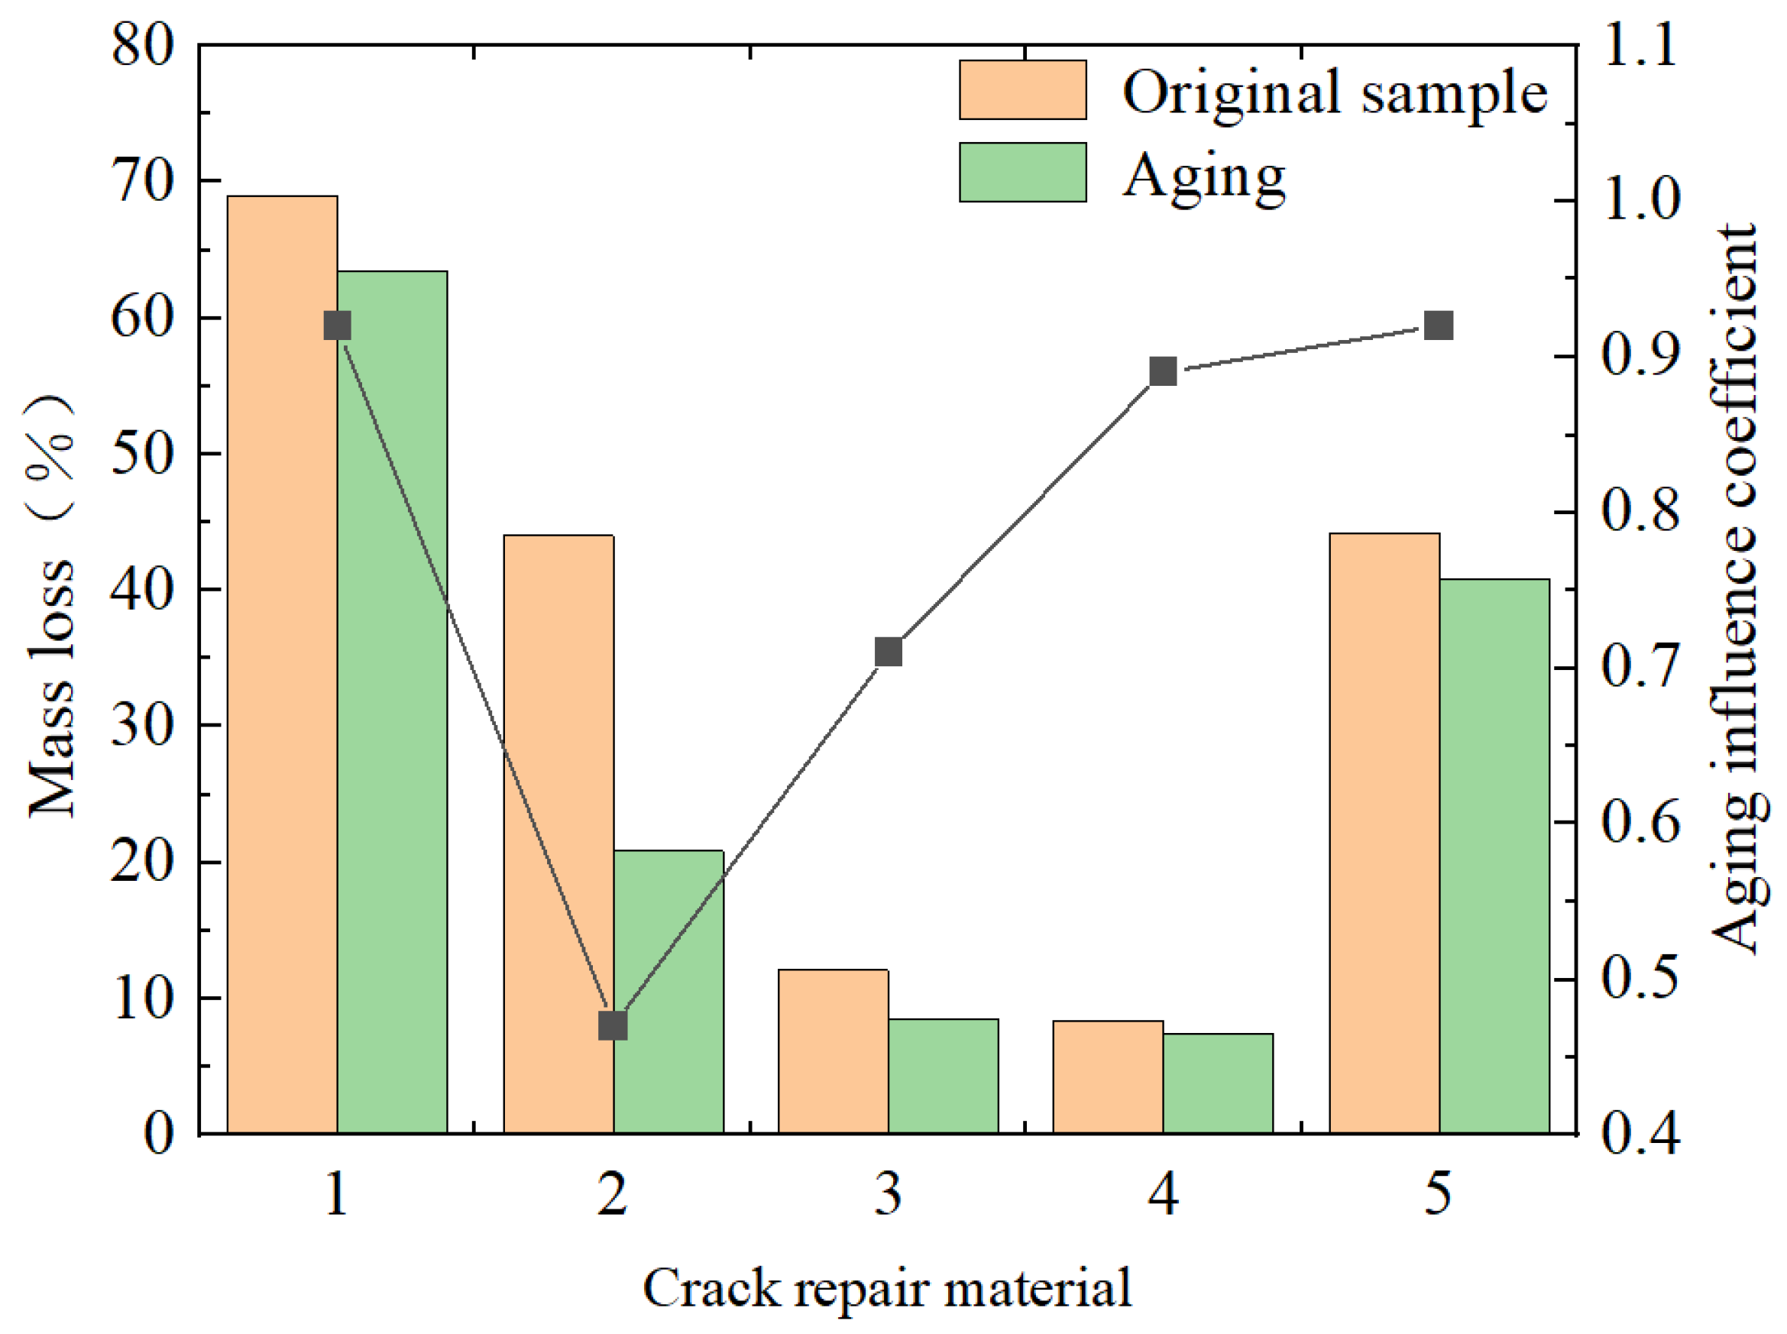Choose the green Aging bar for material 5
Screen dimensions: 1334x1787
coord(1494,856)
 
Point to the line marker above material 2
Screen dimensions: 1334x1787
coord(613,1025)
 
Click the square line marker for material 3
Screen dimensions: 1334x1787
coord(889,652)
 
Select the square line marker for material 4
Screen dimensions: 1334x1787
coord(1163,371)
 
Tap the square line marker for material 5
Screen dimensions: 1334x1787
coord(1439,325)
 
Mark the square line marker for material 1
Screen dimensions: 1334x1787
coord(338,325)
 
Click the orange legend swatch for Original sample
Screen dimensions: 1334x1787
coord(1022,89)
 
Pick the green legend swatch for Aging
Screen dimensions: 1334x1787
coord(1022,172)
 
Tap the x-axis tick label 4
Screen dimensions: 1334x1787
coord(1163,1193)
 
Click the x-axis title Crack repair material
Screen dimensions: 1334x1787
coord(887,1288)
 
